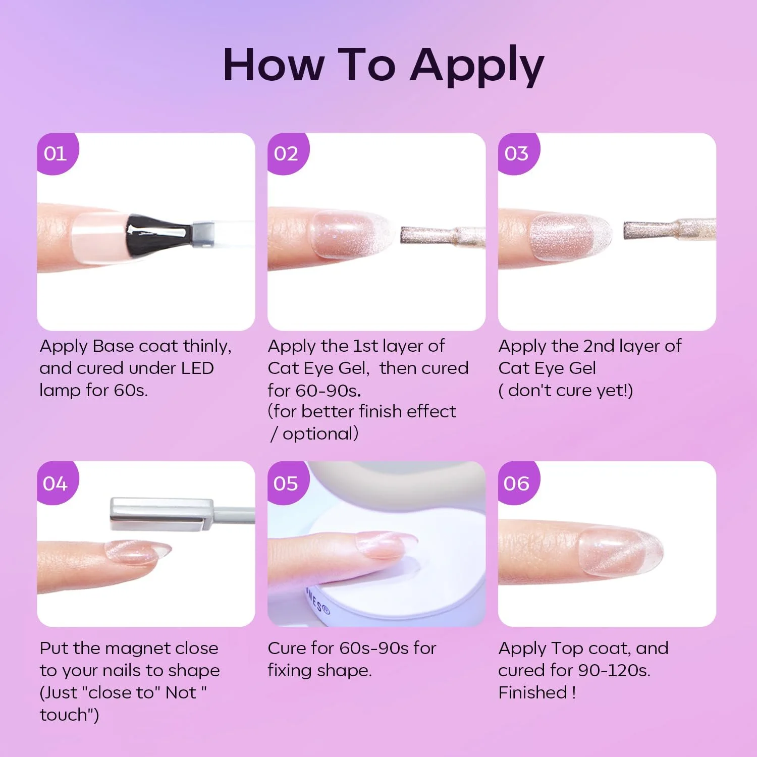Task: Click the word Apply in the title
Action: coord(477,66)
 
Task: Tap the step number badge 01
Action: coord(57,153)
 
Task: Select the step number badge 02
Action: coord(287,153)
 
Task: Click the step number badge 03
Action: coord(518,153)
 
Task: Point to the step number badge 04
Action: coord(57,483)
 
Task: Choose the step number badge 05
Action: coord(287,483)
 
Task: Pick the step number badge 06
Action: coord(518,483)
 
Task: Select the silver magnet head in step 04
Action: coord(161,514)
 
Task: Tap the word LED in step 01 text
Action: coord(197,368)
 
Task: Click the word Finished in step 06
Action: coord(533,692)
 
